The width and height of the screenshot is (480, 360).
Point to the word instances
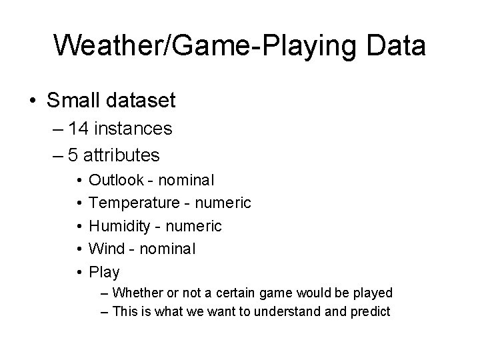pos(135,128)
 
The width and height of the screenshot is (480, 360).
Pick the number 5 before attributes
pos(74,155)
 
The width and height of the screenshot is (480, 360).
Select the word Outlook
pos(115,180)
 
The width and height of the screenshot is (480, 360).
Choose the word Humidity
pos(119,226)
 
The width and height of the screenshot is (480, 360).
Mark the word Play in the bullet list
pos(104,272)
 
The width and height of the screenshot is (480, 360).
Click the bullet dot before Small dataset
pos(31,101)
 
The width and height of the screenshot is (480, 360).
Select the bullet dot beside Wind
pos(79,249)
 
